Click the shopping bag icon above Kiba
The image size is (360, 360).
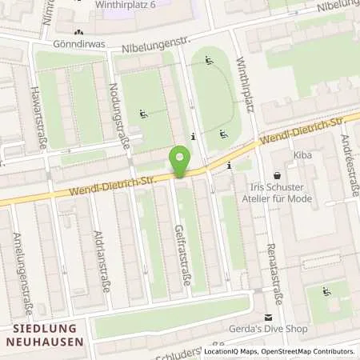(x=278, y=174)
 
